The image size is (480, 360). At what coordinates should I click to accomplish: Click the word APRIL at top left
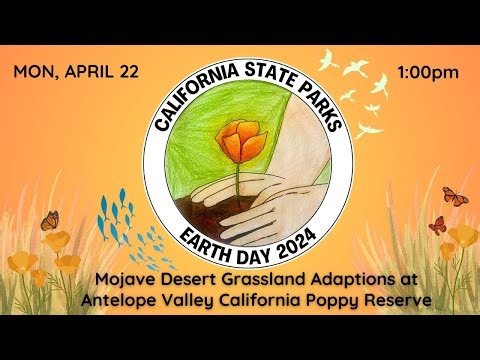coord(88,72)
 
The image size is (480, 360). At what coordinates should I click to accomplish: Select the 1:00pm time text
coord(428,72)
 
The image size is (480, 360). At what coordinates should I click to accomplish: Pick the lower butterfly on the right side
coord(437,224)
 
